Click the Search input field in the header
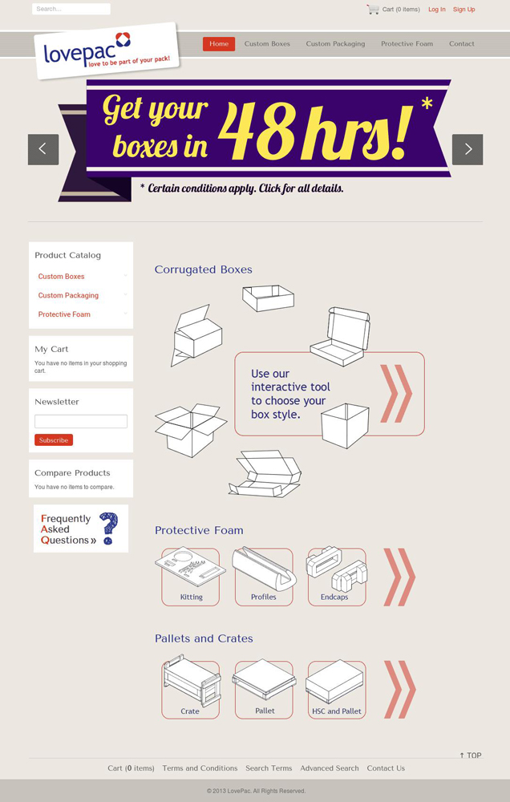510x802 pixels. point(71,9)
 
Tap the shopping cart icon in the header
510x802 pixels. point(373,9)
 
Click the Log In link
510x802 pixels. point(437,9)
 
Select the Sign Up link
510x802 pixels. point(464,9)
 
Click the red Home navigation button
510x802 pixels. point(219,44)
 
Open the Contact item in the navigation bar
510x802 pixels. point(461,44)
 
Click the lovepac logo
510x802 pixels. point(107,51)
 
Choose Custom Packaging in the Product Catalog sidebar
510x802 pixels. point(68,295)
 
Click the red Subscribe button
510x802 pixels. point(54,439)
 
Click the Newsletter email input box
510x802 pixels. point(81,422)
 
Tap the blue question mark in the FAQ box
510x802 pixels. point(108,528)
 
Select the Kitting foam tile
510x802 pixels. point(190,577)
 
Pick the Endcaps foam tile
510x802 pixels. point(337,577)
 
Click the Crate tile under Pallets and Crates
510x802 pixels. point(191,689)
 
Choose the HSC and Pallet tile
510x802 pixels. point(335,689)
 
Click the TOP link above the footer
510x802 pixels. point(471,755)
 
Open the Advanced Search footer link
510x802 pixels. point(330,768)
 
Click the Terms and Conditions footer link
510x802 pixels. point(200,768)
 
